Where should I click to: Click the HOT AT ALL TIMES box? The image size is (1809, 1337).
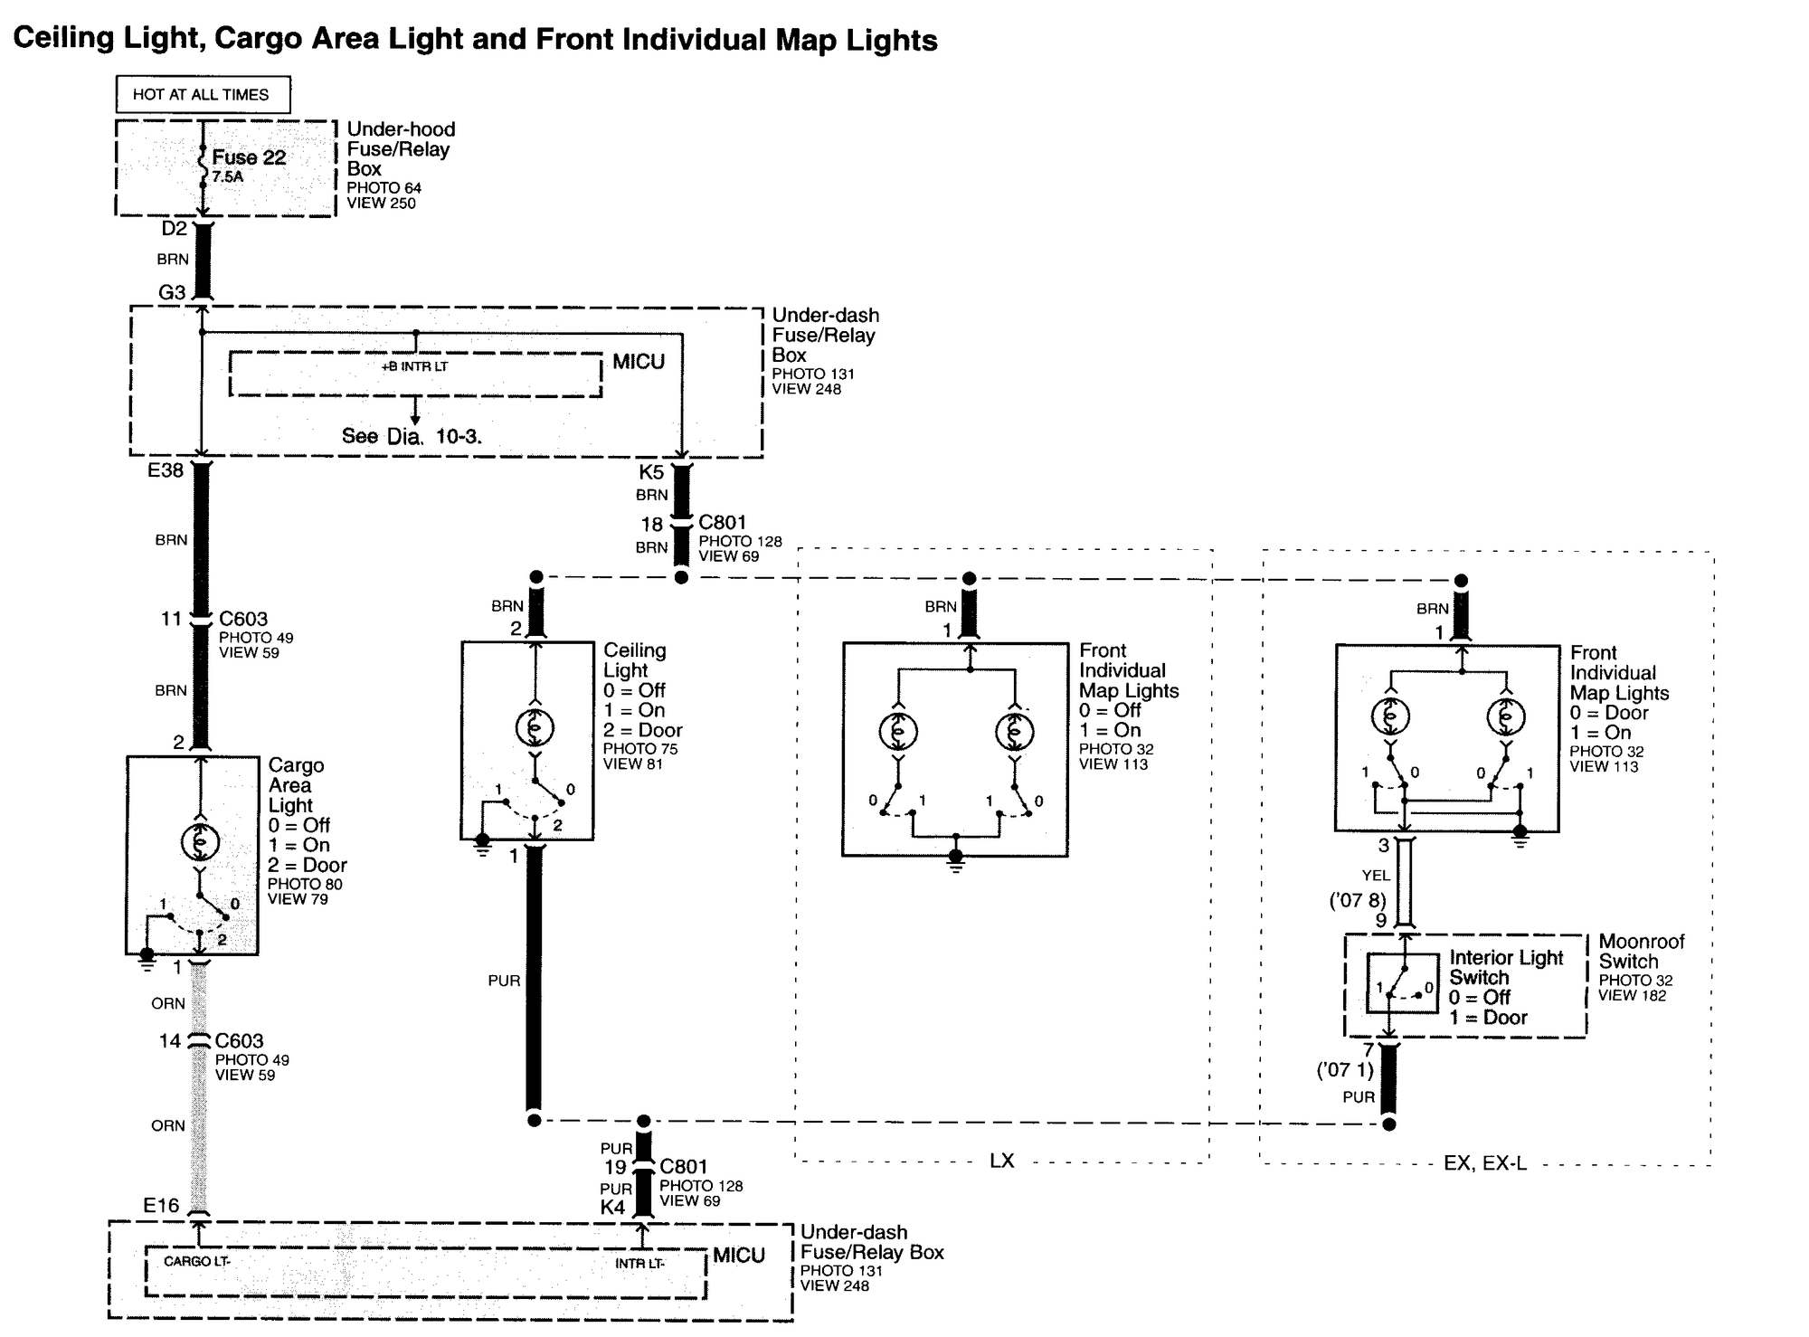204,94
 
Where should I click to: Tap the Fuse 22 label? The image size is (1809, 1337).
249,157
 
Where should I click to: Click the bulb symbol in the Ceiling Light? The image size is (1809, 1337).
535,727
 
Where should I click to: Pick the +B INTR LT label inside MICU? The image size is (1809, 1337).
414,366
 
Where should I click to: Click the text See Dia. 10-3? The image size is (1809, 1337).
412,436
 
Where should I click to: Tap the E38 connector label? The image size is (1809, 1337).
166,470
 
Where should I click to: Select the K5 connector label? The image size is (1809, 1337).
651,472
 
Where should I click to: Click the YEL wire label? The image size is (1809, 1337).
1376,876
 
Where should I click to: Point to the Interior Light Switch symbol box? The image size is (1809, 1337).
1402,983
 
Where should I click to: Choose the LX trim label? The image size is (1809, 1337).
1001,1161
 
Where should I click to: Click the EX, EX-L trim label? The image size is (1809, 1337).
1485,1163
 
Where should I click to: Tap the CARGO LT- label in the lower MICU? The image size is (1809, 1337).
197,1261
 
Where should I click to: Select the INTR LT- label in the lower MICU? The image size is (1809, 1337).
639,1264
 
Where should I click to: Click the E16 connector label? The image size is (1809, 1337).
161,1205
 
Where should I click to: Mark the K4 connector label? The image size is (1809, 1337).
612,1208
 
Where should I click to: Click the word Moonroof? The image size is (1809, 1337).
1642,942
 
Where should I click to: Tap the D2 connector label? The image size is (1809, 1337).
174,229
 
